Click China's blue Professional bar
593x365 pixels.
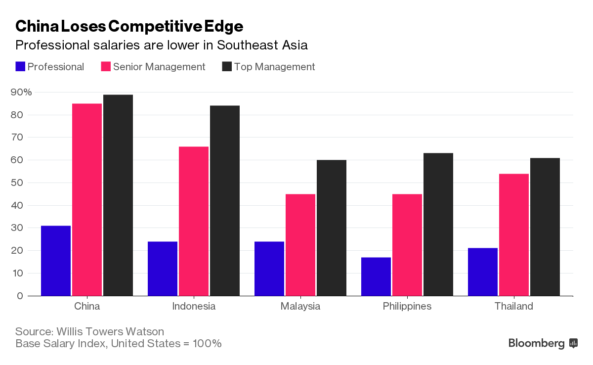pos(56,261)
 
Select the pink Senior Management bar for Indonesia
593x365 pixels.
pos(193,221)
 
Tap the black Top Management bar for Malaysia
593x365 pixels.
pos(331,228)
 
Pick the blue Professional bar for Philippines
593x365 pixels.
pos(376,276)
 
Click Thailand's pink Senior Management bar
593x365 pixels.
pos(513,235)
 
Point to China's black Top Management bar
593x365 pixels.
pos(118,195)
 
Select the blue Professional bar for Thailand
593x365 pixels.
pos(483,272)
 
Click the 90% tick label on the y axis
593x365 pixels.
pos(21,92)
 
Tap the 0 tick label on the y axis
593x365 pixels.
pos(20,296)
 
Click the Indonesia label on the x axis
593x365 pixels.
pos(194,306)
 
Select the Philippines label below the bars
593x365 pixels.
pos(407,306)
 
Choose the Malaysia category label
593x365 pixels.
pos(300,306)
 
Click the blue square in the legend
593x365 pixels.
pos(20,67)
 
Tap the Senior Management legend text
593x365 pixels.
pos(159,67)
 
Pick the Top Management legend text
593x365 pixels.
pos(274,67)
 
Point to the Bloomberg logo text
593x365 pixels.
pos(536,343)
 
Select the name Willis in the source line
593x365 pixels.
pos(72,331)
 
